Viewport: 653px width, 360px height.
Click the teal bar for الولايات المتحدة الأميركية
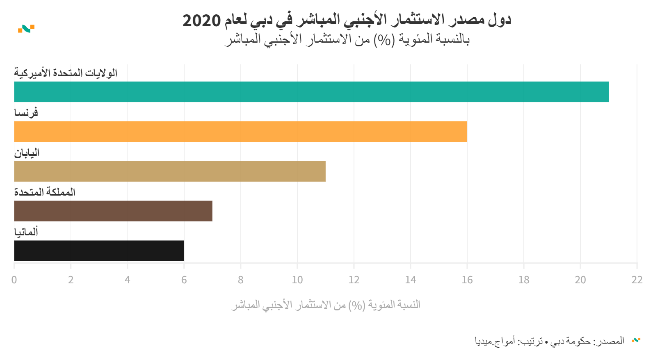tap(311, 92)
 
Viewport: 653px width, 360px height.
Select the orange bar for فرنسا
tap(240, 132)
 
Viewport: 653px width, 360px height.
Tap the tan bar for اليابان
tap(170, 171)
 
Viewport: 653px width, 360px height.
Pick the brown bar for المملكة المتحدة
tap(113, 211)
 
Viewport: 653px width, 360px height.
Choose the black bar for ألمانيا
tap(99, 251)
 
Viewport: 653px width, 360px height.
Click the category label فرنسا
tap(26, 112)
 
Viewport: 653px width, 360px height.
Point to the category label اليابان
tap(27, 153)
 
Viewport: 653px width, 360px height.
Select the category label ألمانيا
tap(26, 232)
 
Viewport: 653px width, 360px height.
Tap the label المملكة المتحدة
tap(45, 192)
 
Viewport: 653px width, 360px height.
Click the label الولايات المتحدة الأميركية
tap(66, 73)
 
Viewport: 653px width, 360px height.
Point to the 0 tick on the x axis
tap(14, 280)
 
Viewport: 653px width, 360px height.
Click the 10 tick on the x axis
tap(297, 280)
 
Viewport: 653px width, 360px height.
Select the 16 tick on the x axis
tap(467, 280)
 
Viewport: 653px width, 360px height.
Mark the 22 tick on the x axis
tap(637, 280)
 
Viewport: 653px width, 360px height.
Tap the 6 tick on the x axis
tap(184, 280)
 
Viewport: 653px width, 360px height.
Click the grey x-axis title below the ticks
tap(326, 305)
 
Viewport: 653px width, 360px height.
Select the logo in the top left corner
tap(26, 29)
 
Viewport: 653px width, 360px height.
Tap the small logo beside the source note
tap(636, 340)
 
